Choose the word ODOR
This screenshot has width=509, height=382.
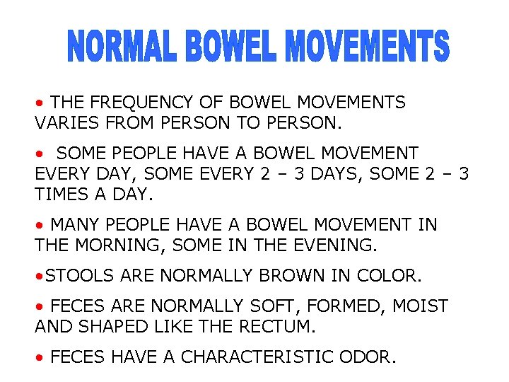[x=373, y=357]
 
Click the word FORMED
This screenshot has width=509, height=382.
[x=346, y=306]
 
